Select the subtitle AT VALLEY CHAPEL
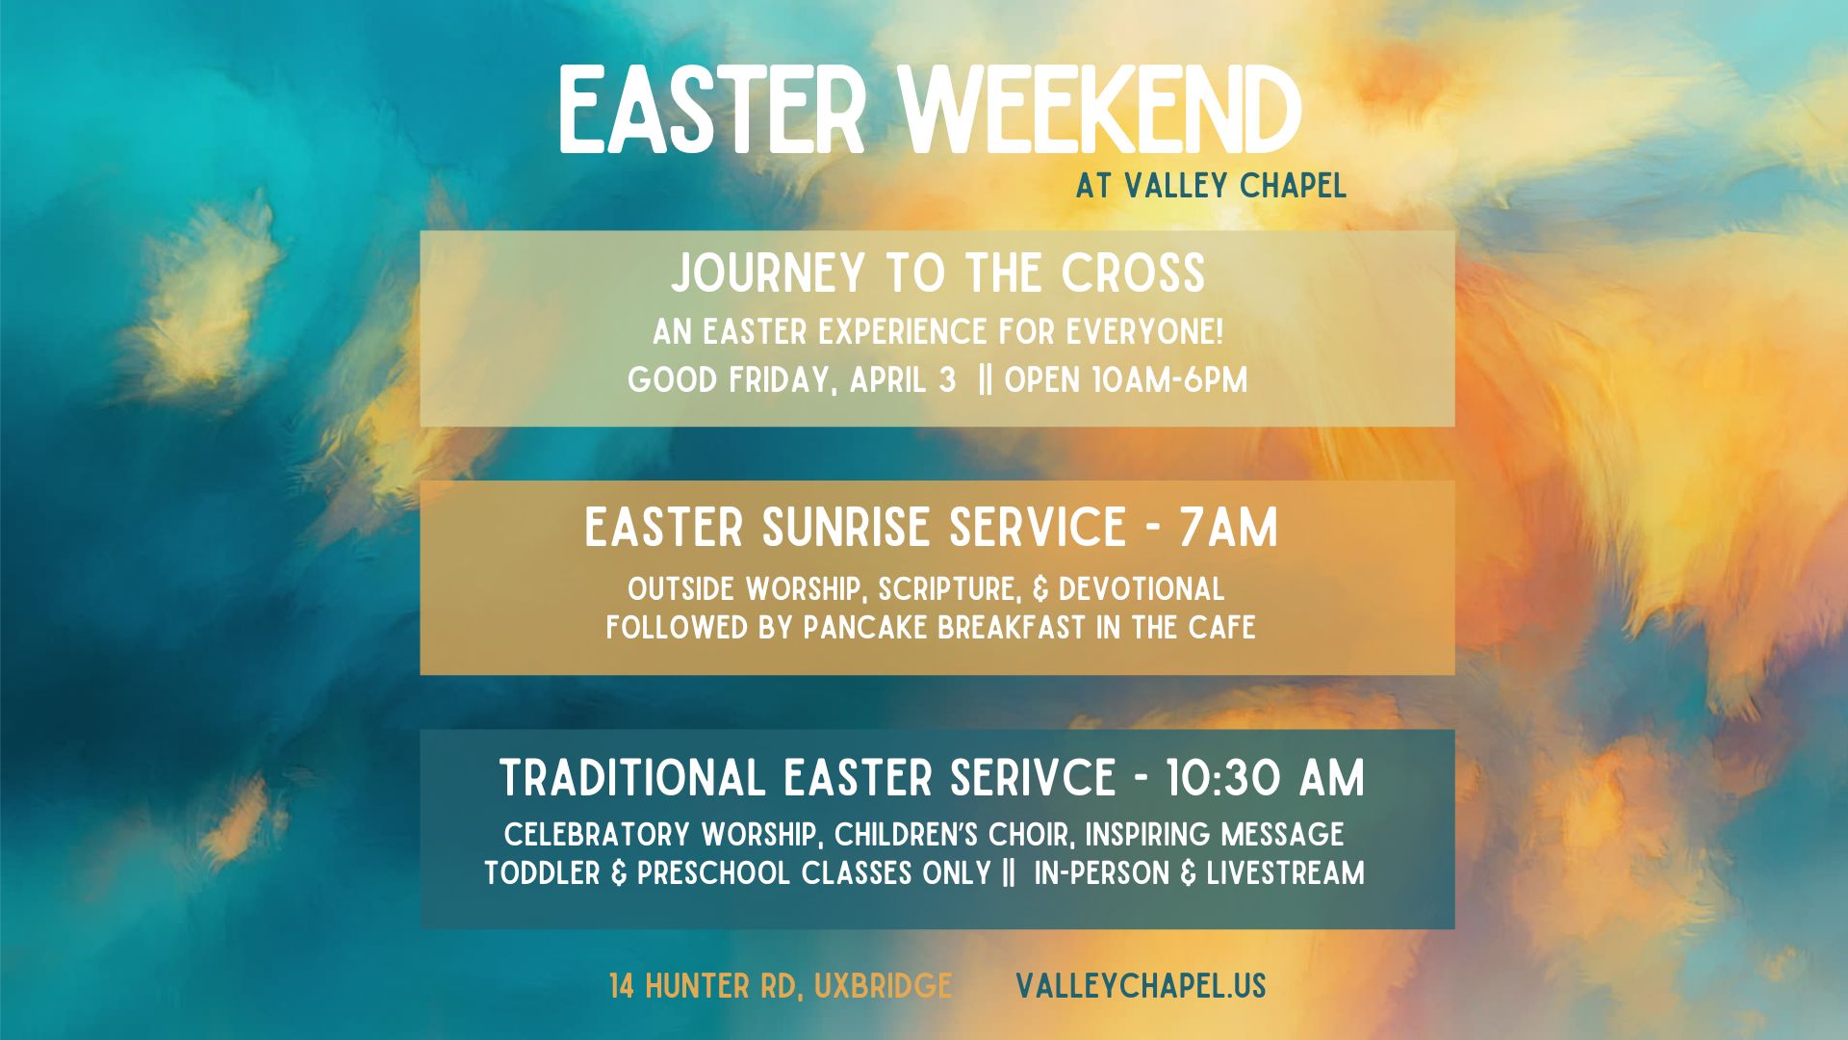1211,185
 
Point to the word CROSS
1134,273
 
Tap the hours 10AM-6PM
1169,380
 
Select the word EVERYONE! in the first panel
1144,332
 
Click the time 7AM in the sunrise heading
1229,528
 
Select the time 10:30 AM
1265,778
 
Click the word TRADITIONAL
632,778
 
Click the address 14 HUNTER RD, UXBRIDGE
781,986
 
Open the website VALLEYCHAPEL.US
1141,986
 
